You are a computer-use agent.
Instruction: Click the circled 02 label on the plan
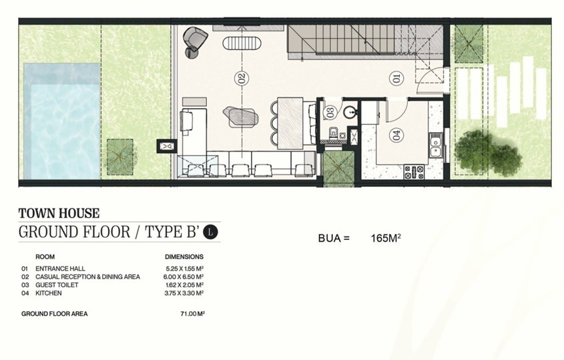(242, 77)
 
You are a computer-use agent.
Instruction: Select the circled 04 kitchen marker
(396, 136)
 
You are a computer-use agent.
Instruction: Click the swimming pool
(61, 122)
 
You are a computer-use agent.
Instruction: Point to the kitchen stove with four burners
(414, 172)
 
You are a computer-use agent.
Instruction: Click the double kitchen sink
(436, 145)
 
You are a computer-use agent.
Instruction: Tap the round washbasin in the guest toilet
(349, 112)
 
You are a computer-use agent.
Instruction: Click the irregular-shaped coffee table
(241, 116)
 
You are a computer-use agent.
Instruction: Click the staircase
(365, 39)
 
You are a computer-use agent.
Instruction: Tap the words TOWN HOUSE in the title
(59, 214)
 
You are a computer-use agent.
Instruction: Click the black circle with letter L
(210, 232)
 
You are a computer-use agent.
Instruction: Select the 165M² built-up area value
(386, 238)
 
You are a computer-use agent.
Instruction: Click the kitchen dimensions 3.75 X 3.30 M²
(184, 293)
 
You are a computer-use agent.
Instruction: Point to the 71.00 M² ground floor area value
(192, 313)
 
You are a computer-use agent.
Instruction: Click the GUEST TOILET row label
(57, 285)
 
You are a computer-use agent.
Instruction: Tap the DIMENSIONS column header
(184, 256)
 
